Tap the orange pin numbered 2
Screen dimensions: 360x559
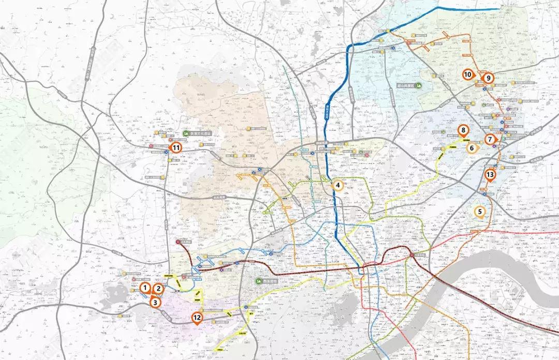pos(159,290)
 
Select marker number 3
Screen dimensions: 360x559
pos(155,303)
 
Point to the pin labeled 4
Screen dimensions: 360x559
pos(337,185)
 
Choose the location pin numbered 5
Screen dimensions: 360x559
pos(480,211)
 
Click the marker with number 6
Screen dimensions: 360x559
pos(472,148)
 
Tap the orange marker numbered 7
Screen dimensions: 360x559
pos(490,139)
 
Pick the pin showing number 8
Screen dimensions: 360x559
pos(463,131)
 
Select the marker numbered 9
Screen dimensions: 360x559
pos(488,78)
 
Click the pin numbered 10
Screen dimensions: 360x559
pos(467,74)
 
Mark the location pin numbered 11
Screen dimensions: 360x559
pos(176,147)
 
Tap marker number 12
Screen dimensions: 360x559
pos(197,318)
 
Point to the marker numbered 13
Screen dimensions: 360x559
pos(490,175)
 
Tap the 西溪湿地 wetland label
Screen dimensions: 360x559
pos(269,280)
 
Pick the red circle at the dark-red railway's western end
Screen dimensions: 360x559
pos(178,242)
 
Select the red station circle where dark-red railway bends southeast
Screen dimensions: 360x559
pos(413,255)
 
